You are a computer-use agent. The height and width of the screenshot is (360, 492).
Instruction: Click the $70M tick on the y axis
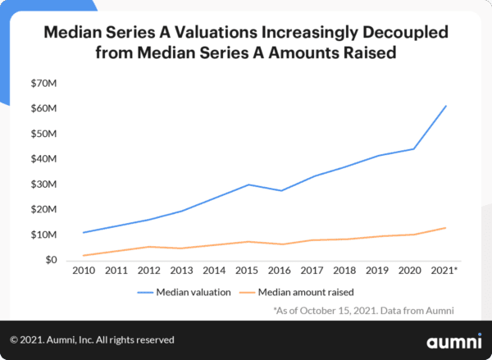tap(43, 83)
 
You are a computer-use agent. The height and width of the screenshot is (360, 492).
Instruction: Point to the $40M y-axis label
tap(43, 159)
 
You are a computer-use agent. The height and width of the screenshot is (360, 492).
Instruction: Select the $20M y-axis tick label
tap(43, 210)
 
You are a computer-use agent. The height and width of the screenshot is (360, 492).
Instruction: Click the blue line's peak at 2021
tap(445, 106)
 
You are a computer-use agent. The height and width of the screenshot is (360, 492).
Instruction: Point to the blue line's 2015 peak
tap(248, 185)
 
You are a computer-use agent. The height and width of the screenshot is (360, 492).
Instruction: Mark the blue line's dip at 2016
tap(281, 190)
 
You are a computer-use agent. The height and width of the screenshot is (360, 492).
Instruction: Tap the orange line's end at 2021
tap(445, 228)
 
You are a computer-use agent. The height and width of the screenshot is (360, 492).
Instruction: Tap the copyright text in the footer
tap(92, 339)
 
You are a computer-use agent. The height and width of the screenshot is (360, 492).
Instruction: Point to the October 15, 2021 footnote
tap(365, 310)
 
